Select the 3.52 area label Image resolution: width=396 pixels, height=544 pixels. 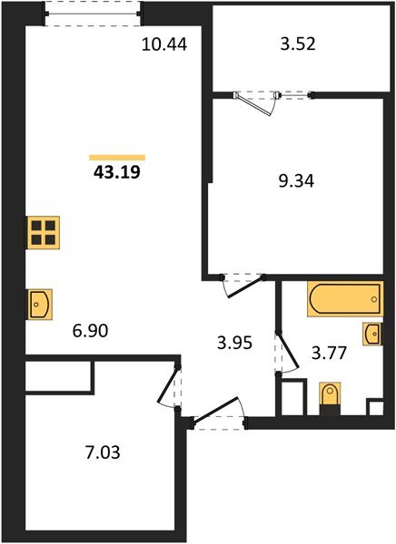297,43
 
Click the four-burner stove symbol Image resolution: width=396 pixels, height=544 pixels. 43,234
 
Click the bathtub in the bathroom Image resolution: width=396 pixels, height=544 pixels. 344,299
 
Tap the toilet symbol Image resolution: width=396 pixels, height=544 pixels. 329,396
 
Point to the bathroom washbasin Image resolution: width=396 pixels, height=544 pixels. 372,334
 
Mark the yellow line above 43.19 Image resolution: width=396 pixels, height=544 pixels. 117,157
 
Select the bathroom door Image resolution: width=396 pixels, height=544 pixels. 284,355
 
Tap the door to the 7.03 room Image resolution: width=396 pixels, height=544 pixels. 170,391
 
